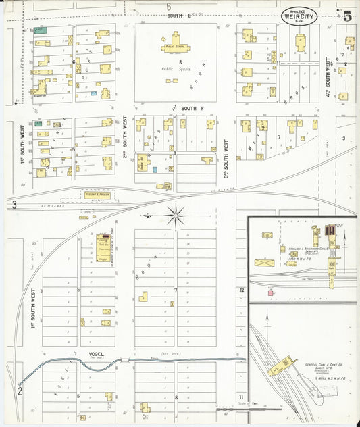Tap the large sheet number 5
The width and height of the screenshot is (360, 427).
[x=346, y=16]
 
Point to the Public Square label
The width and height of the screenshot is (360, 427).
[x=172, y=70]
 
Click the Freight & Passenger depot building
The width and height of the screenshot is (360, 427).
[x=97, y=195]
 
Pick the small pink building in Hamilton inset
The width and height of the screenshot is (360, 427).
[x=270, y=293]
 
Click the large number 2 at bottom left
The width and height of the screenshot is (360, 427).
[x=20, y=391]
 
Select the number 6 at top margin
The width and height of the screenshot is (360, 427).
[x=169, y=6]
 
